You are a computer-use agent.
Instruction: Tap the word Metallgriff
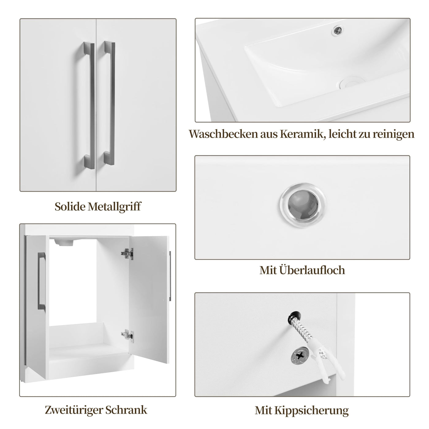click(114, 207)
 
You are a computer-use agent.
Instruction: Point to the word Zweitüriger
click(73, 410)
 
